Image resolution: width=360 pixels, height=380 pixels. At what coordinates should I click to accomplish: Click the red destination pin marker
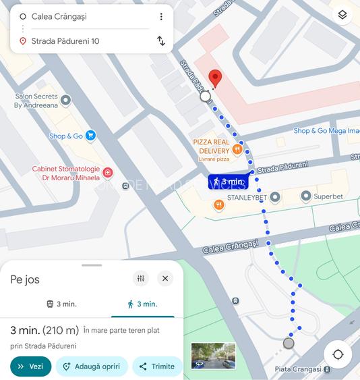215,78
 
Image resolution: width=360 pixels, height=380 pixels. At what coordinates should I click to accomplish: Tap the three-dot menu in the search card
161,16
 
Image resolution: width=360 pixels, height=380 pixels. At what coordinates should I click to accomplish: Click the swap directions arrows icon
161,40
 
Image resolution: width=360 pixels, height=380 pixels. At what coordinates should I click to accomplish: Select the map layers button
342,16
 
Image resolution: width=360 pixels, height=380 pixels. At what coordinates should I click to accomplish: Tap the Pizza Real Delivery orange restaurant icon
237,149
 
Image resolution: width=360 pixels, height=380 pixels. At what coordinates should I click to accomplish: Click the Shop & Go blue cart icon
91,136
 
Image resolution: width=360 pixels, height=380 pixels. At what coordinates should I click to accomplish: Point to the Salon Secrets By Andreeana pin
65,101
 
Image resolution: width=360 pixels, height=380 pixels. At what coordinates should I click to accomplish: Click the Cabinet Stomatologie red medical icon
108,173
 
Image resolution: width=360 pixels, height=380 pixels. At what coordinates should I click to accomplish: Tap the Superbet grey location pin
305,196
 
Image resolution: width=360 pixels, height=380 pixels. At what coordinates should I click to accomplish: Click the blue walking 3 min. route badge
228,182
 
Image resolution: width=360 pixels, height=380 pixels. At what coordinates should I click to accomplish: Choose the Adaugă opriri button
91,367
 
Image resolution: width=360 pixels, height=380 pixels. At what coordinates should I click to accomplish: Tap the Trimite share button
157,367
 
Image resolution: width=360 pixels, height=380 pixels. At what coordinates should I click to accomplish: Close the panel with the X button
165,278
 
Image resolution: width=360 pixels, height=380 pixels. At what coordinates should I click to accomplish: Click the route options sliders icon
141,278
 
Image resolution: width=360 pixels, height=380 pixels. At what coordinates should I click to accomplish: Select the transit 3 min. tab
61,304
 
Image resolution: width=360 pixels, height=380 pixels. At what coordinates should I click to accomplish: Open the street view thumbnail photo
213,356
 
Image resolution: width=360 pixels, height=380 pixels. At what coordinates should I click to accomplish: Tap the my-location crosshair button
338,354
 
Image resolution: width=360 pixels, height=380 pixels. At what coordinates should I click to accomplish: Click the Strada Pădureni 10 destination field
65,41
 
